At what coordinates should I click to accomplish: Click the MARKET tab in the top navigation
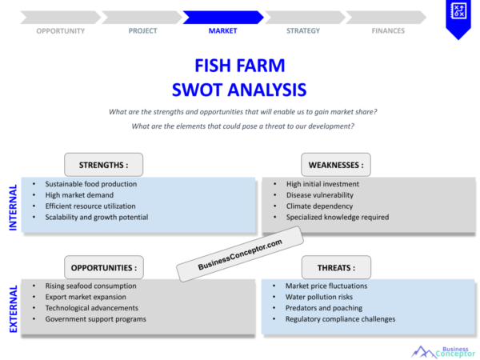click(222, 31)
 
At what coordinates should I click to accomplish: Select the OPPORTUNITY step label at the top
click(60, 31)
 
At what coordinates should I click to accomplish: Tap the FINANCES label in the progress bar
click(387, 31)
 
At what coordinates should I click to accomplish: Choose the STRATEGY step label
click(303, 31)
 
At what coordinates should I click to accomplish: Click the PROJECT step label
click(142, 31)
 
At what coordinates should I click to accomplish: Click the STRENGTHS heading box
click(103, 165)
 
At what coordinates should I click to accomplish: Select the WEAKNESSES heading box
click(335, 165)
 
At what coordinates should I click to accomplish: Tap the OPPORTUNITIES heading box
click(103, 267)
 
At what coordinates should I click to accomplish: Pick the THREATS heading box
click(337, 267)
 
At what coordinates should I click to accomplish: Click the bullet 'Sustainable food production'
click(90, 184)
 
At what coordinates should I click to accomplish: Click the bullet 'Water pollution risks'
click(318, 297)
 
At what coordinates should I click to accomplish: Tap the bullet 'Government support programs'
click(95, 318)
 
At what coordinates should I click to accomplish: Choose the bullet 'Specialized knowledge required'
click(337, 217)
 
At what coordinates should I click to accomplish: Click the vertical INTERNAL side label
click(13, 207)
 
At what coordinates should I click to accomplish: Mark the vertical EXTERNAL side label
click(13, 308)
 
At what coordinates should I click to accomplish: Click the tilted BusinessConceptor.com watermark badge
click(240, 253)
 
